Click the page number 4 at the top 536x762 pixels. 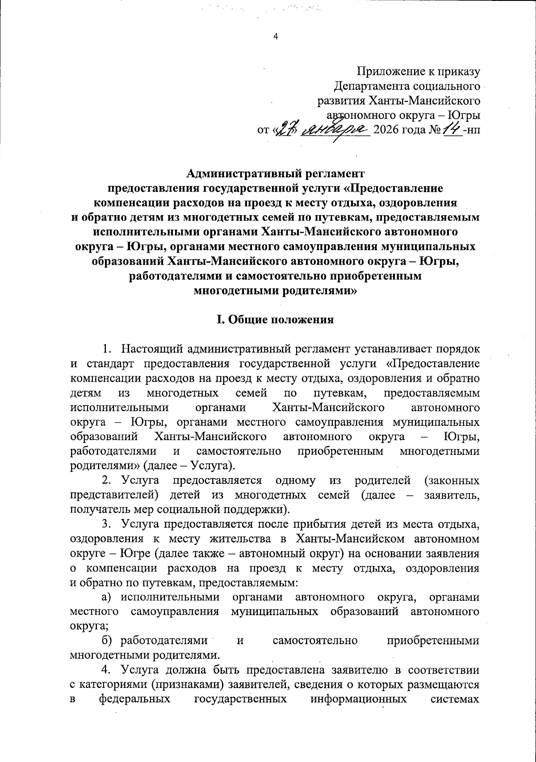[276, 37]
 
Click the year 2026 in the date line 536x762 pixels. [384, 130]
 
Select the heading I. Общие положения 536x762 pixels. [275, 320]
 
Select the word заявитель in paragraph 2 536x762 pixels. [452, 495]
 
